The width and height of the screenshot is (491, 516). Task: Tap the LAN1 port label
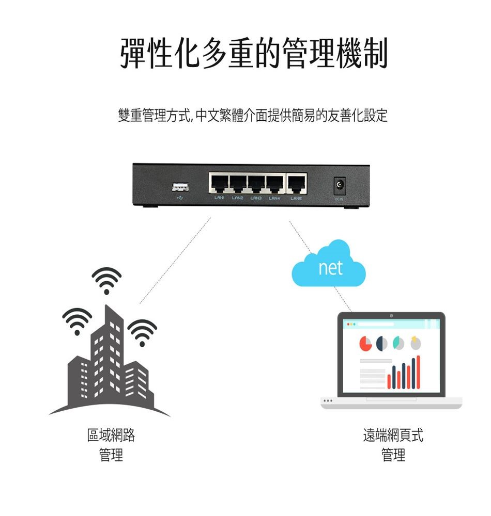[219, 198]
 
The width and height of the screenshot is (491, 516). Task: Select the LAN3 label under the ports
[256, 198]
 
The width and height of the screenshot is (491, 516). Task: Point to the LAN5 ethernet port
[296, 183]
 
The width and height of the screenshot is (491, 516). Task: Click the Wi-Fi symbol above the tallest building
[106, 280]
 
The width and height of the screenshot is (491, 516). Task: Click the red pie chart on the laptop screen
[366, 343]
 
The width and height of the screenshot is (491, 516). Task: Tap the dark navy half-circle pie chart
[383, 343]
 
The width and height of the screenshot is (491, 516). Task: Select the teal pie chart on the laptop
[399, 343]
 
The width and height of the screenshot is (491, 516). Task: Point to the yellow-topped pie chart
[415, 343]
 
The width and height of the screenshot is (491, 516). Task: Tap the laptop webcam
[391, 315]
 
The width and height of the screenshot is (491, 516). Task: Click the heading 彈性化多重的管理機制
[253, 53]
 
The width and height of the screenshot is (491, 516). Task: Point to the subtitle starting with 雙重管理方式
[253, 116]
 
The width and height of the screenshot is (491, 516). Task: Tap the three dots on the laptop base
[327, 401]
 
